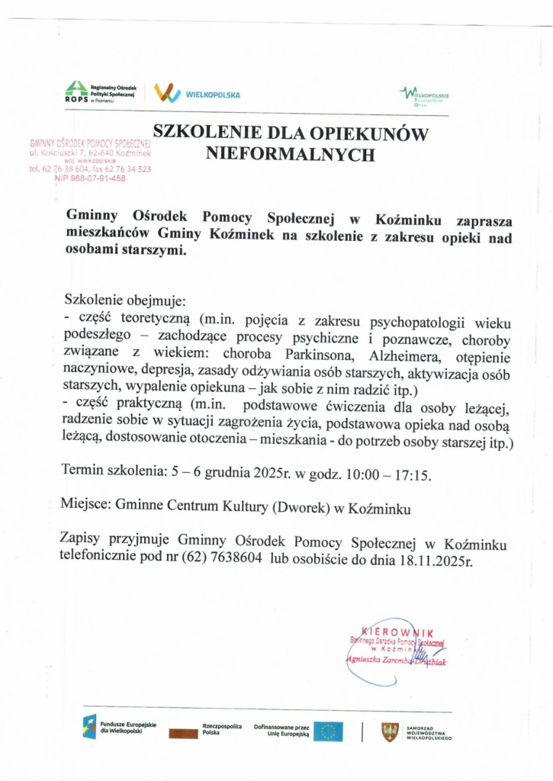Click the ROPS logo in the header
76,92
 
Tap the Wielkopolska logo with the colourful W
167,93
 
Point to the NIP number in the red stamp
90,178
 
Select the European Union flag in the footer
328,731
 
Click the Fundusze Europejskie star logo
90,727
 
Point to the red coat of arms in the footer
390,732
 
